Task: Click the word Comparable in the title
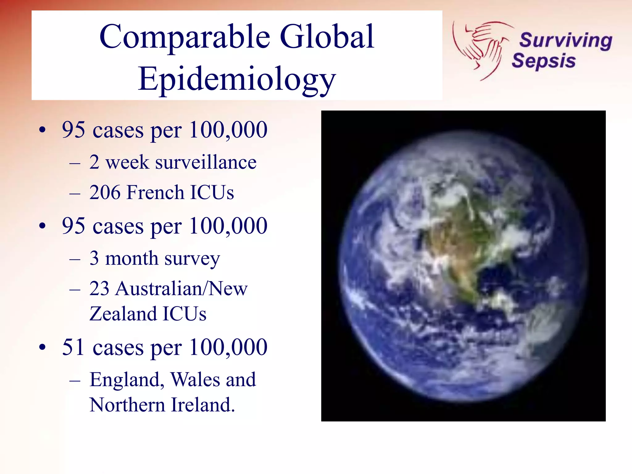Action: coord(185,37)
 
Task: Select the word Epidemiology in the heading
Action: coord(237,79)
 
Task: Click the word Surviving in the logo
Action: coord(565,40)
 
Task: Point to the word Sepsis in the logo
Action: coord(543,60)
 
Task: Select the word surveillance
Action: coord(206,162)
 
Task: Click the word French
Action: coord(156,192)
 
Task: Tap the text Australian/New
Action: coord(181,289)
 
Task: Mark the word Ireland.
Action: coord(203,405)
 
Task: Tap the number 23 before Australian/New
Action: coord(99,289)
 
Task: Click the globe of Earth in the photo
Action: coord(463,266)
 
